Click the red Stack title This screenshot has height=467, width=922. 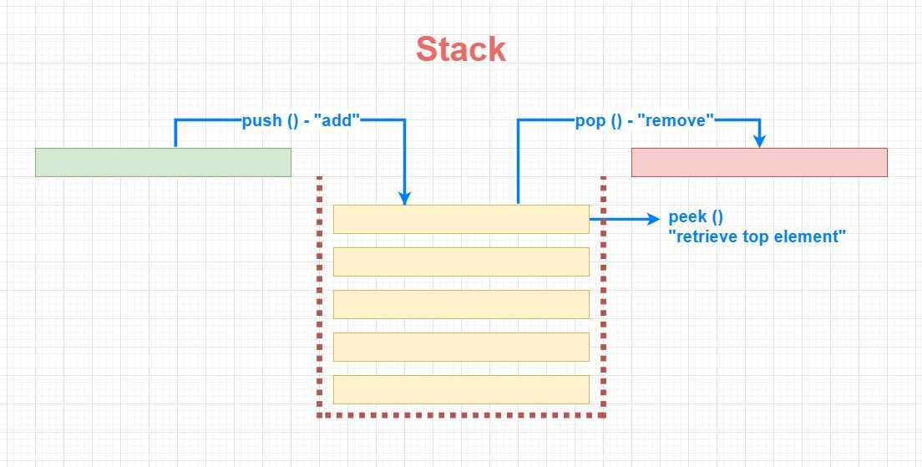coord(461,49)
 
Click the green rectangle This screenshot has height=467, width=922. coord(163,162)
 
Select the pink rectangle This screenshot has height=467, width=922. coord(759,162)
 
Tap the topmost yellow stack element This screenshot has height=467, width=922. coord(461,220)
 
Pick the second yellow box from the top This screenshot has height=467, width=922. coord(461,261)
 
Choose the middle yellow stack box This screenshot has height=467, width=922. coord(461,304)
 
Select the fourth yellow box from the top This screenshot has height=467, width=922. coord(461,347)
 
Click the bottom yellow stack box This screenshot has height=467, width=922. coord(461,389)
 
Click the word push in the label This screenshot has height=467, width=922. coord(262,121)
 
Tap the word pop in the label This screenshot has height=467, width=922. coord(590,121)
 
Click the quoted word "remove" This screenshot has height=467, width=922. coord(676,120)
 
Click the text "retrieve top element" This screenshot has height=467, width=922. coord(757,236)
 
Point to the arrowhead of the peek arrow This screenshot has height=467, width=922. coord(654,220)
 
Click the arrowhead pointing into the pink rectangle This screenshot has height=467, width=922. coord(760,141)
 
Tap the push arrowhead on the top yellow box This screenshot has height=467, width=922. coord(404,198)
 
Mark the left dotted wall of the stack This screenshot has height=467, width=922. coord(319,294)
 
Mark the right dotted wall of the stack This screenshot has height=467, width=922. coord(603,294)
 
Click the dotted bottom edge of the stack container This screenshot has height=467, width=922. coord(462,415)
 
